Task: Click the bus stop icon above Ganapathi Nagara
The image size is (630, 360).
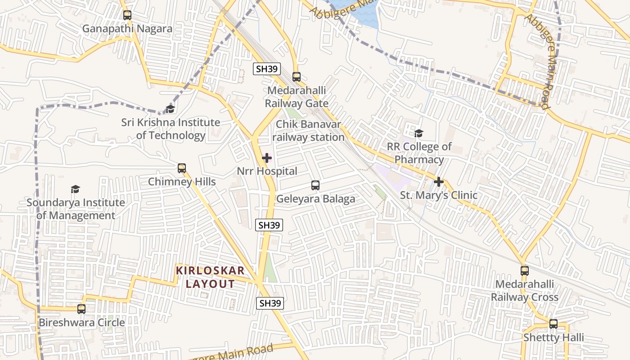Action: (127, 15)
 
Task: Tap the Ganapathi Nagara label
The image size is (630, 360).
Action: (127, 29)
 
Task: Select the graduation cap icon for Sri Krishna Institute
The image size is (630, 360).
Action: (170, 109)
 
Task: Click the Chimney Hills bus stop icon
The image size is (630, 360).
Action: (182, 168)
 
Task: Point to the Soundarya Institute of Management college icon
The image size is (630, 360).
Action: (76, 189)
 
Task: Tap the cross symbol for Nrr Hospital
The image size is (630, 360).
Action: (267, 158)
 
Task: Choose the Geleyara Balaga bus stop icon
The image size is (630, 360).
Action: (315, 185)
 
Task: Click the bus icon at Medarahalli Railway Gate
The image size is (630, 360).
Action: (296, 77)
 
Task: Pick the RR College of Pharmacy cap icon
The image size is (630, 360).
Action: (418, 133)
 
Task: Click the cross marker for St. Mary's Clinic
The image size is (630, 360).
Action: (439, 182)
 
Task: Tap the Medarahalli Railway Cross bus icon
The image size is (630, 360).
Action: (525, 271)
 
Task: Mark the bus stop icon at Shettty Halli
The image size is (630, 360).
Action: (553, 324)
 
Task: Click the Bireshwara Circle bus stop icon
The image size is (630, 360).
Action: (81, 309)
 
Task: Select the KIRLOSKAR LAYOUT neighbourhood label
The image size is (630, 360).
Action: (210, 277)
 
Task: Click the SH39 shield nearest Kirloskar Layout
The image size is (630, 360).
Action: (270, 303)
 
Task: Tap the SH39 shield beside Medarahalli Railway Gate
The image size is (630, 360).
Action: (267, 69)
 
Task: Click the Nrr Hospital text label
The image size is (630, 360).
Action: (267, 171)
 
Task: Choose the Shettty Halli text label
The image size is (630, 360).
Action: (553, 337)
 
